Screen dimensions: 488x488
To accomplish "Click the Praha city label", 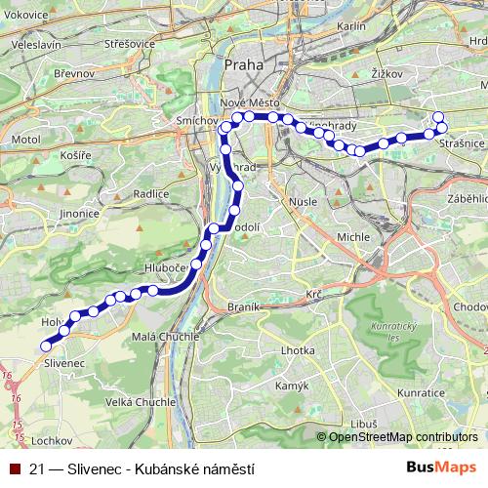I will [x=244, y=65].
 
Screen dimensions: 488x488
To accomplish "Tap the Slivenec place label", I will [x=65, y=362].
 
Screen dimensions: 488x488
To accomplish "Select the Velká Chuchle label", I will [x=140, y=401].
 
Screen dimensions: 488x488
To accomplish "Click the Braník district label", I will [x=243, y=306].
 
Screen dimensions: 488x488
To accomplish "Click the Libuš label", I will [x=364, y=424].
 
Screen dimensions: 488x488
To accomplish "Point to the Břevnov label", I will [x=74, y=73].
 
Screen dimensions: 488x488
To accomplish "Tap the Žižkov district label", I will [x=388, y=73].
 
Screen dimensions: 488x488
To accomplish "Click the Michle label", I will [x=352, y=237].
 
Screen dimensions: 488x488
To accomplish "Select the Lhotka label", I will [x=297, y=349].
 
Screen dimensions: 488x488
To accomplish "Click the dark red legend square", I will [x=15, y=468].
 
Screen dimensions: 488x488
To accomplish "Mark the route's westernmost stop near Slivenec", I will [x=45, y=346].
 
